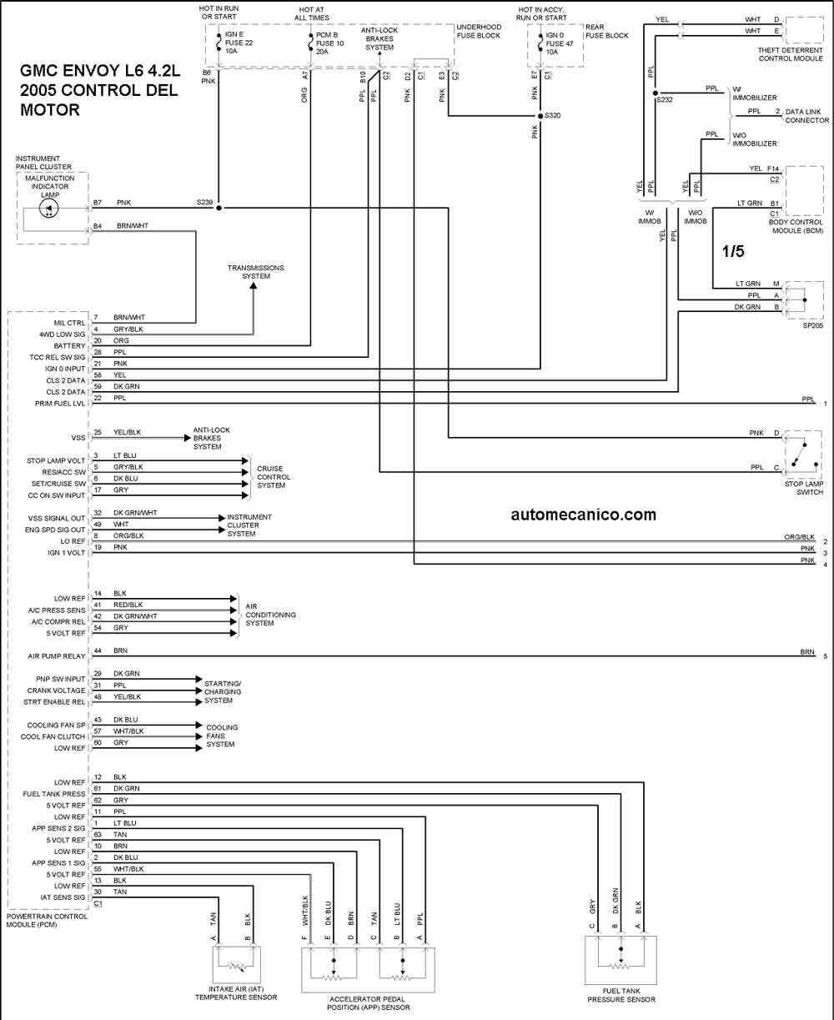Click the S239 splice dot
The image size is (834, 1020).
click(219, 208)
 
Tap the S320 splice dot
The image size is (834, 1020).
click(540, 116)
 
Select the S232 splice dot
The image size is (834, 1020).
click(656, 93)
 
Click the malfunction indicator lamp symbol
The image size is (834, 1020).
click(49, 209)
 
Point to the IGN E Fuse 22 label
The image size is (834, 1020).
click(239, 43)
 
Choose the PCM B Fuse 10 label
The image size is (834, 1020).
click(330, 43)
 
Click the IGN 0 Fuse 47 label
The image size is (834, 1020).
click(560, 43)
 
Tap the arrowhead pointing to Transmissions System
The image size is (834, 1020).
click(253, 286)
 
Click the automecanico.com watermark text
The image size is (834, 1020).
click(584, 515)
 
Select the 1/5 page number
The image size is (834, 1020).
click(733, 251)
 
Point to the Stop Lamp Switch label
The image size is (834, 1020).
click(803, 488)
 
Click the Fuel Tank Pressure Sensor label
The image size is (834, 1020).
click(621, 995)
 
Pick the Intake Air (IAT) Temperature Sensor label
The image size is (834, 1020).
click(236, 993)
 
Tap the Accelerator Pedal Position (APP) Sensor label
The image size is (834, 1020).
click(368, 1003)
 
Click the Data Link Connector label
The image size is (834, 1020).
click(807, 116)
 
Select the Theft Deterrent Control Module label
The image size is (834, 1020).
click(791, 54)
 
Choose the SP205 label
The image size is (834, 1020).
click(812, 325)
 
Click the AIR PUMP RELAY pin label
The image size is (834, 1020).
click(57, 656)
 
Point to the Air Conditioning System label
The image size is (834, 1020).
click(270, 615)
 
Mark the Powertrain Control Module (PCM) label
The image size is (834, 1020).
click(47, 921)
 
